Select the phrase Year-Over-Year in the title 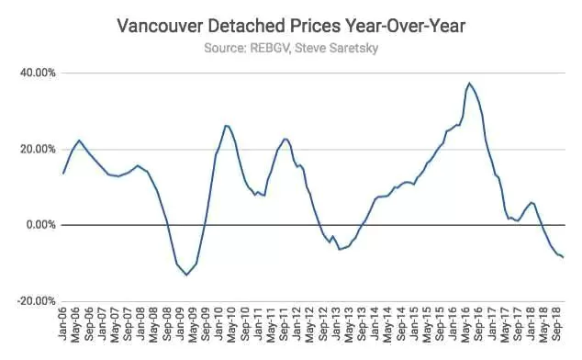coord(403,27)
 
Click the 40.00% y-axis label coord(38,73)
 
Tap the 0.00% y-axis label coord(40,225)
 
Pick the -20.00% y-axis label coord(36,301)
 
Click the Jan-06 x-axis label coord(62,323)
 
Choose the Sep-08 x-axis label coord(167,324)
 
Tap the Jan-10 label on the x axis coord(218,323)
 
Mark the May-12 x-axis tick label coord(309,325)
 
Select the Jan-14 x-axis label coord(375,323)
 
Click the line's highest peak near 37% coord(469,84)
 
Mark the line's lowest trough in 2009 coord(186,275)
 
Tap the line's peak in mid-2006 coord(79,141)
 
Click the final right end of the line coord(564,257)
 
